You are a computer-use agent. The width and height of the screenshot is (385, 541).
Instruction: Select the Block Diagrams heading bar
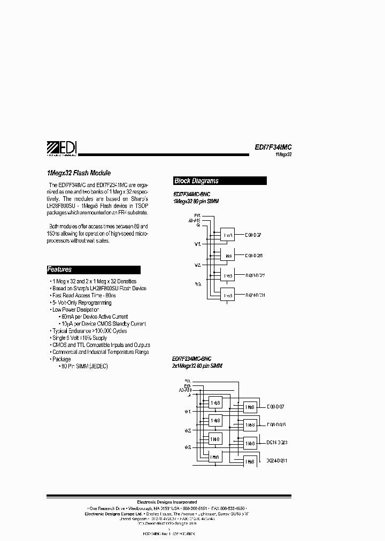point(220,181)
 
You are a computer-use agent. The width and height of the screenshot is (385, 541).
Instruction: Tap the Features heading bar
point(93,269)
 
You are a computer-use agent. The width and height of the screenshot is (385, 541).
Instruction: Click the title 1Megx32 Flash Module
point(79,173)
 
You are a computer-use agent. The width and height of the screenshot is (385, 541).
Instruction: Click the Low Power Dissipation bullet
point(75,310)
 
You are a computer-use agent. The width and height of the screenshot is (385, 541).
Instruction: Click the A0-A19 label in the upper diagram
point(194,220)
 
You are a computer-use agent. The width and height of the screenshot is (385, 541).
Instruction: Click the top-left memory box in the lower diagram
point(215,402)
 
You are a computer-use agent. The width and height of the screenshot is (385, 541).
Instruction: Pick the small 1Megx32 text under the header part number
point(283,154)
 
